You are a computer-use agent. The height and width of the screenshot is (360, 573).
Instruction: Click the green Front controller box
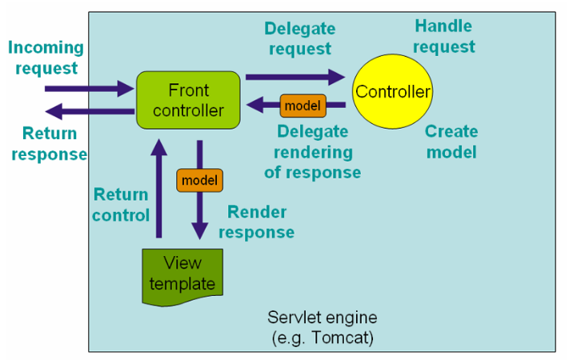pyautogui.click(x=188, y=100)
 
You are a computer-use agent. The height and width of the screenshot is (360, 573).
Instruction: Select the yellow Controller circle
pyautogui.click(x=393, y=91)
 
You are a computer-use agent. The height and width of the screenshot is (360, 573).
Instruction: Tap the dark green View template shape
pyautogui.click(x=182, y=274)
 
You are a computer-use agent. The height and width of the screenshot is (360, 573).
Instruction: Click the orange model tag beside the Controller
pyautogui.click(x=303, y=105)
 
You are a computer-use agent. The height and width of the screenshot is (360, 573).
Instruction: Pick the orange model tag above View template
pyautogui.click(x=199, y=180)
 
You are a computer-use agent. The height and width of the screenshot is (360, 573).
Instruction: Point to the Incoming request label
pyautogui.click(x=46, y=58)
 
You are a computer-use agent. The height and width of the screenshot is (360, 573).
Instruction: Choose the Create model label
pyautogui.click(x=451, y=142)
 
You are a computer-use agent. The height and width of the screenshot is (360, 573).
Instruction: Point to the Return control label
pyautogui.click(x=120, y=205)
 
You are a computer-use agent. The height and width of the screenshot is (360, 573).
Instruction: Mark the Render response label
pyautogui.click(x=256, y=222)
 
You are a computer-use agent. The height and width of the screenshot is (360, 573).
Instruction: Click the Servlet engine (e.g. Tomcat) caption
pyautogui.click(x=322, y=328)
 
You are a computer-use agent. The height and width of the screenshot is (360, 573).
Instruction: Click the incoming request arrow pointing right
pyautogui.click(x=89, y=88)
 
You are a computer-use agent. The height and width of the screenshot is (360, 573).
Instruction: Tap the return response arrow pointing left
pyautogui.click(x=89, y=112)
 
